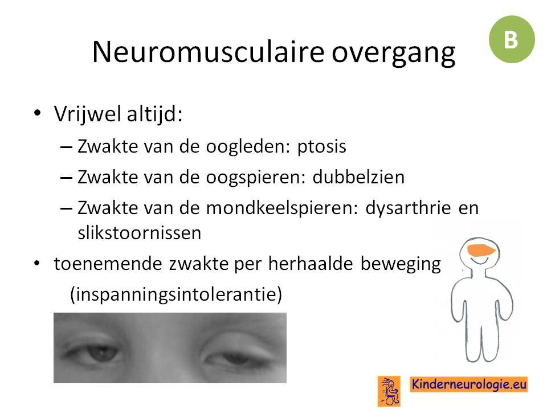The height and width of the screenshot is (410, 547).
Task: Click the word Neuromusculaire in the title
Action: point(209,52)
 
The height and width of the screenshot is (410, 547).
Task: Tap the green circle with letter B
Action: point(512,39)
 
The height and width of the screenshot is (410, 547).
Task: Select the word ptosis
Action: point(321,147)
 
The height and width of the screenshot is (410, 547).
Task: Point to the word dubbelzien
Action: point(358,177)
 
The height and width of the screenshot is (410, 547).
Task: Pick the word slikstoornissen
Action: point(140,232)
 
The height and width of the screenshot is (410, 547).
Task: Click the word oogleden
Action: point(248,147)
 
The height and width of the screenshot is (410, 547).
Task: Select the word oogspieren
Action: point(256,178)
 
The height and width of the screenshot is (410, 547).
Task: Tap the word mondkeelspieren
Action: point(282,209)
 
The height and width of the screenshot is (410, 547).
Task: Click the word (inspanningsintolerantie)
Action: point(176,294)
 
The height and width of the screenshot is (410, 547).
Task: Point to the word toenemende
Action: point(108,264)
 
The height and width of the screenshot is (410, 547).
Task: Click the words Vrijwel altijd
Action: point(119,114)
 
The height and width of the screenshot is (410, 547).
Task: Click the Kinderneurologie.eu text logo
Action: point(469,384)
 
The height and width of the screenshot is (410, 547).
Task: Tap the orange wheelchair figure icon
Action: point(389,391)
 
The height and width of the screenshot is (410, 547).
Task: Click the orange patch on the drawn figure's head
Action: point(481,249)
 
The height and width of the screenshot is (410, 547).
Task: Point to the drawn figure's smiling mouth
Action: point(479,260)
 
